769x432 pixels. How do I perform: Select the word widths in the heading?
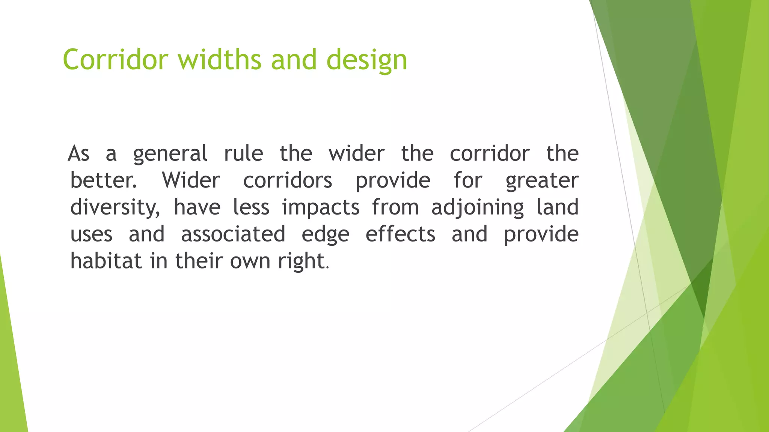pos(220,60)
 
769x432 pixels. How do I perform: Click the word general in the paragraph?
pos(170,154)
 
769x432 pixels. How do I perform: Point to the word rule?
pos(243,153)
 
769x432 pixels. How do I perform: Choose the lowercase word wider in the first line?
pos(356,153)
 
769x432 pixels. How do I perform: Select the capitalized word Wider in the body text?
pos(191,180)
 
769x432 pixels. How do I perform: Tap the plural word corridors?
pos(287,180)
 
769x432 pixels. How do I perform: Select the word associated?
pos(233,234)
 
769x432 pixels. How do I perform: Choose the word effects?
pos(400,234)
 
